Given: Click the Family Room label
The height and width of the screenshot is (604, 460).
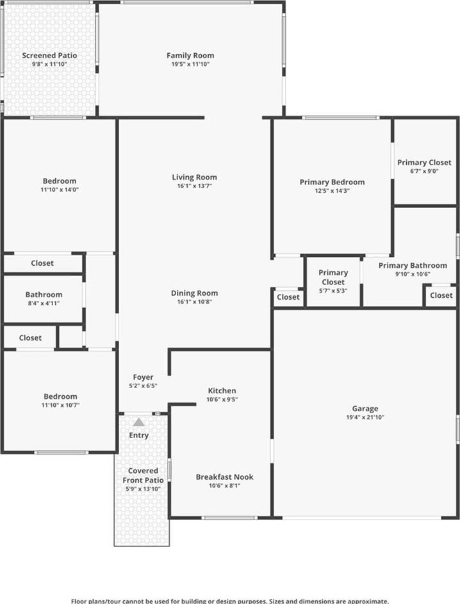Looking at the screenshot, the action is click(x=190, y=56).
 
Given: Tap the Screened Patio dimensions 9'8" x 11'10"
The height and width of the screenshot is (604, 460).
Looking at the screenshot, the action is click(x=49, y=64).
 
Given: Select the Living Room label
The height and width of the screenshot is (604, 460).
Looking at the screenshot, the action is click(x=194, y=177).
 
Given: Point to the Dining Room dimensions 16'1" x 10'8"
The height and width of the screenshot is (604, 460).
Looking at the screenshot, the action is click(x=194, y=302).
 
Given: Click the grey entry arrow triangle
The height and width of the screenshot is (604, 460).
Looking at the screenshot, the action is click(x=138, y=422).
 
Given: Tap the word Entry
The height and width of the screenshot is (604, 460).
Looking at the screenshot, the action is click(x=138, y=436).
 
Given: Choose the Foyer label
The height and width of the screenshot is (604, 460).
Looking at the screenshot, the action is click(x=143, y=377).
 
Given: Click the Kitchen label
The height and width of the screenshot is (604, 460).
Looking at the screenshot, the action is click(x=222, y=391).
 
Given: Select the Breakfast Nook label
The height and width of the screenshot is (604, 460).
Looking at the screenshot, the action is click(x=225, y=477).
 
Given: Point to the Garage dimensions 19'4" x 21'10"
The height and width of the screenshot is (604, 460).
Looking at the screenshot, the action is click(x=365, y=417).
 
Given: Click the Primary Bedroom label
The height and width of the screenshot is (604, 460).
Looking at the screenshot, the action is click(x=332, y=182).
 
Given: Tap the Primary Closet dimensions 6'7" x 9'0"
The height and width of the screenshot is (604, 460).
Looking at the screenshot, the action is click(x=424, y=172).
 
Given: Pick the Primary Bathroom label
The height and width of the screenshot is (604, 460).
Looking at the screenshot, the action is click(x=413, y=265).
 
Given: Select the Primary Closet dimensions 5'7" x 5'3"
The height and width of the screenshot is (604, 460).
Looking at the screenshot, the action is click(x=333, y=291).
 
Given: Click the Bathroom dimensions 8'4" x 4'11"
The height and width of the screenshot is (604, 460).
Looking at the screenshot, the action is click(x=44, y=303).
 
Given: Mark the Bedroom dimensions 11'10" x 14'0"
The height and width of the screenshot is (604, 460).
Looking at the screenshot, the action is click(x=60, y=190).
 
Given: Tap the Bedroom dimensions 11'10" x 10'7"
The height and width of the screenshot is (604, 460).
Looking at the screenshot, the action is click(x=60, y=405).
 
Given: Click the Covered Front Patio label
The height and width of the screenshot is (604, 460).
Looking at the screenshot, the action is click(x=143, y=475).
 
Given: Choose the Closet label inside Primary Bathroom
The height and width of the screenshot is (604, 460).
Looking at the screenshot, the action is click(x=441, y=295).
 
